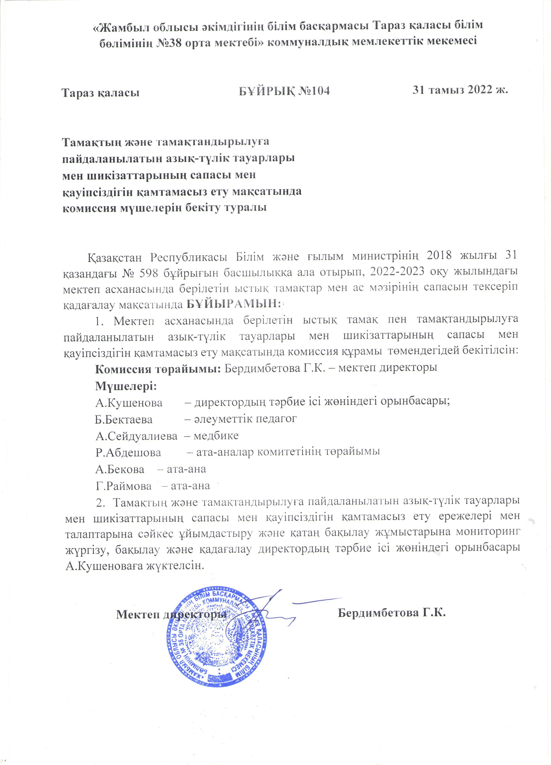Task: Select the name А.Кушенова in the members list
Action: [129, 402]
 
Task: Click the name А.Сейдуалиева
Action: [136, 436]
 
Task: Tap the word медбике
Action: [216, 435]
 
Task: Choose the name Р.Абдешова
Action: [128, 453]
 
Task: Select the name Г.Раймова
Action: [123, 486]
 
